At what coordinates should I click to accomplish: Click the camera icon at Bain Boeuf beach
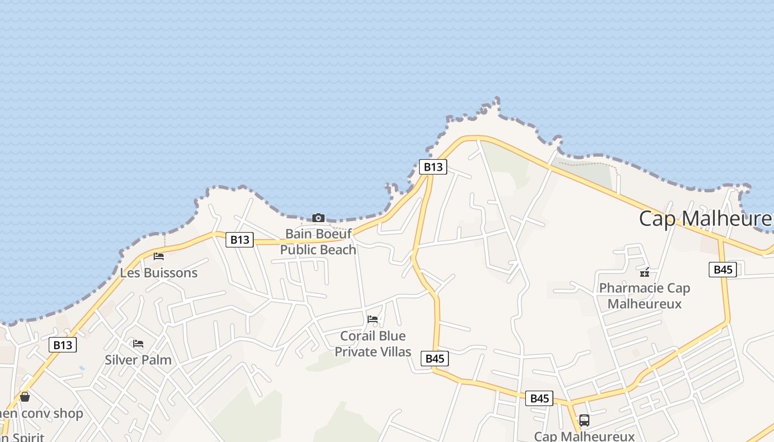318,218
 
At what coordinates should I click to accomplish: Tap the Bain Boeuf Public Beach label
318,242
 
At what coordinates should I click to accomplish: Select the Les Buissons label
159,273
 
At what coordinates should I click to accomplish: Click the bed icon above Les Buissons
159,256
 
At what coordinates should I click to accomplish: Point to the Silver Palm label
138,360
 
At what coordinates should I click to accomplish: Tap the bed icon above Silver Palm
138,344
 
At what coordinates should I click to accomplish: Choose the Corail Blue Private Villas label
373,344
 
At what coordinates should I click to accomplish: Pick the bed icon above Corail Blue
373,319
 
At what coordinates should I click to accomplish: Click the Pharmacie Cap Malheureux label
645,296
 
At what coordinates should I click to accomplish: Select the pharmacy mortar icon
645,272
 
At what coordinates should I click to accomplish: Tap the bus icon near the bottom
584,420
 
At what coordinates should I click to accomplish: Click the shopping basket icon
25,396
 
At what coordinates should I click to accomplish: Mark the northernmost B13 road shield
432,167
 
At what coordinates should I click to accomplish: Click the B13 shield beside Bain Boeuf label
239,240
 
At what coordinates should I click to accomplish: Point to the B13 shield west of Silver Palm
62,345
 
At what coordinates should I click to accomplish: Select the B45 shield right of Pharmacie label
723,270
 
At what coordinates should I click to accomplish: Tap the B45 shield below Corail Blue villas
435,359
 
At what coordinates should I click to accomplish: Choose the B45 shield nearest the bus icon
539,398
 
